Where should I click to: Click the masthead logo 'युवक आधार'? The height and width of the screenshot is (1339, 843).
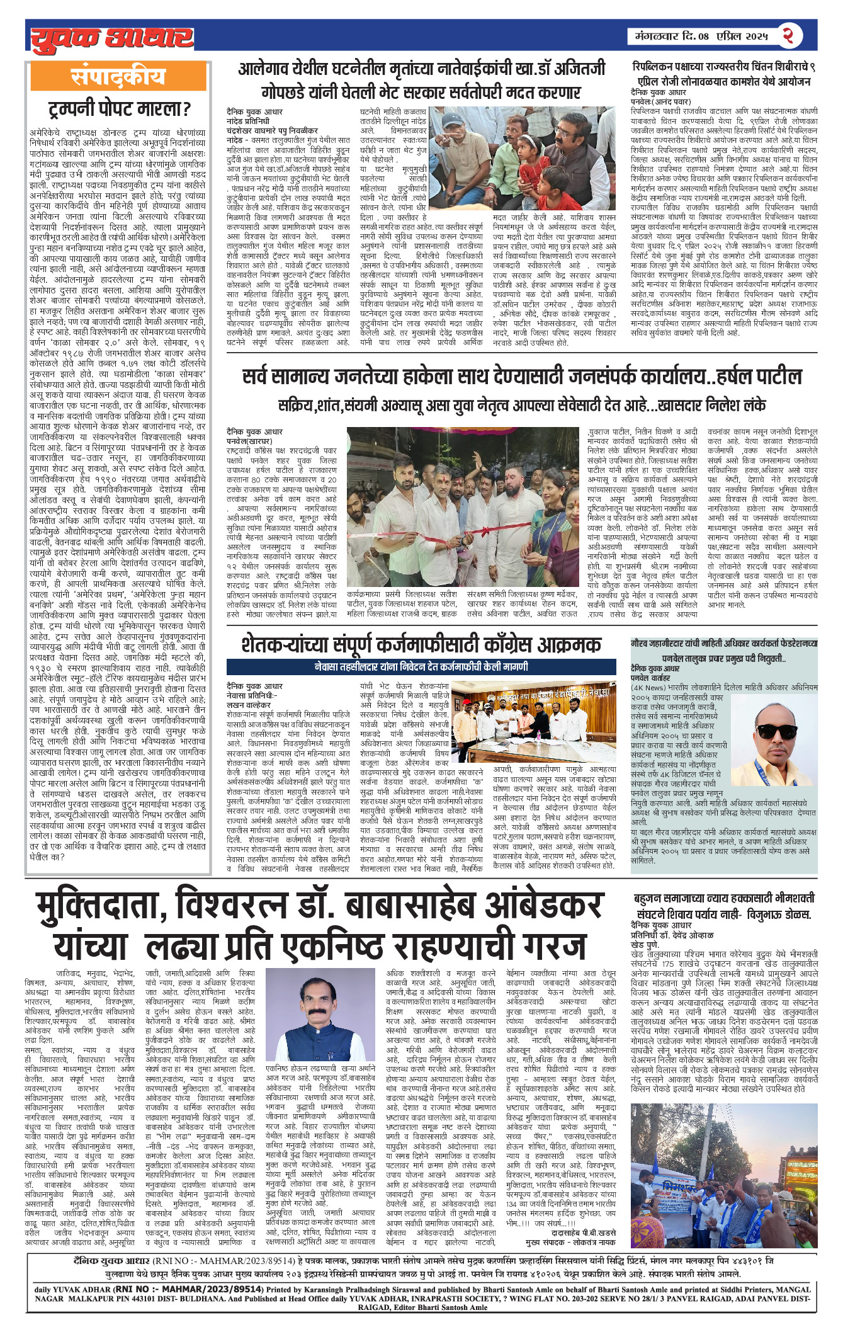(112, 37)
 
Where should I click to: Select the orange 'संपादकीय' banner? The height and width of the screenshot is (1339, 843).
(118, 77)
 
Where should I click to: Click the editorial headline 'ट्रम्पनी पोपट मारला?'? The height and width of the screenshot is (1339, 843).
(119, 110)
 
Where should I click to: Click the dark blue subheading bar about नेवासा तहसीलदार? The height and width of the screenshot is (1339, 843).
(421, 666)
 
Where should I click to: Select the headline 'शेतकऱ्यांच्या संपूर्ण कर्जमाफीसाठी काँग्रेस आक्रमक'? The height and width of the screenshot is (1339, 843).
(421, 644)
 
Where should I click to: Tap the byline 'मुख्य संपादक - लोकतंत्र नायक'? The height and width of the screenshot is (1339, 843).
(570, 1241)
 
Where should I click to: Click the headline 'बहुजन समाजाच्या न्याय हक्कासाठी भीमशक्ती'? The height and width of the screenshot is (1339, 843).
(724, 899)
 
